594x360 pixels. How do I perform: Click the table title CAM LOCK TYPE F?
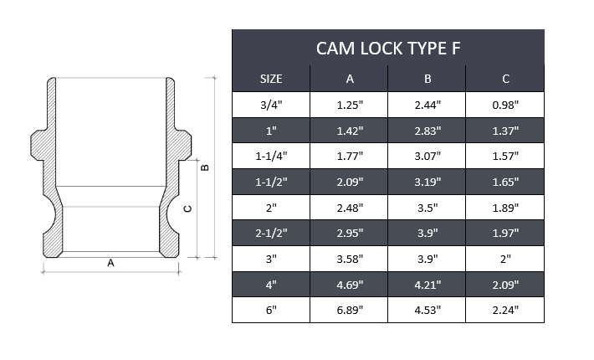tap(387, 49)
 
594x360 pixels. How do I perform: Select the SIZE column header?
tap(271, 80)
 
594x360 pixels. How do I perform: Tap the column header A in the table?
tap(349, 80)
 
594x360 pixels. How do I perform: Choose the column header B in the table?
tap(427, 80)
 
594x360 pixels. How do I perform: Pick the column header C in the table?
tap(505, 80)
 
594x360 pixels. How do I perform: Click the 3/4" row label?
tap(271, 105)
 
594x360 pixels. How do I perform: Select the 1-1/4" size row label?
tap(271, 157)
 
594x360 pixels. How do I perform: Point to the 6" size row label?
tap(271, 310)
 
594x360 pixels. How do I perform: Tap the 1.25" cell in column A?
tap(349, 105)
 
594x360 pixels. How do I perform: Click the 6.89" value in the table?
tap(349, 310)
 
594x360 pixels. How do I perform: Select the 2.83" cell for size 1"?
tap(427, 131)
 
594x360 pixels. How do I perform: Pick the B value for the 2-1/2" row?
tap(427, 234)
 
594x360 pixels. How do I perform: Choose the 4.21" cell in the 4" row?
tap(427, 285)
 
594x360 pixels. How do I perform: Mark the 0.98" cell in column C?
tap(505, 105)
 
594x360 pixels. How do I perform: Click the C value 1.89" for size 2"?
tap(505, 208)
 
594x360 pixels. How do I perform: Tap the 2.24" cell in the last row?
tap(505, 310)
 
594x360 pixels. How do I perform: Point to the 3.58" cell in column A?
tap(349, 259)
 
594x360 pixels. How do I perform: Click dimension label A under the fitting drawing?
tap(110, 263)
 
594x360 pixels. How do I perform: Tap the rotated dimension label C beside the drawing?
tap(187, 208)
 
